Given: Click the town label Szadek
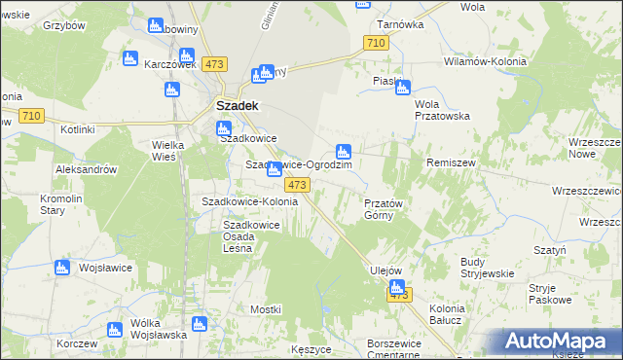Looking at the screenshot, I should click(237, 105).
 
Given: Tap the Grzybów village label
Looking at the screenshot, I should click(65, 26).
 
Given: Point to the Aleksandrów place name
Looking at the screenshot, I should click(87, 168).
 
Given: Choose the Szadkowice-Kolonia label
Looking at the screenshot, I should click(249, 201).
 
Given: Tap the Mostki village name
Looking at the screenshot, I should click(265, 308).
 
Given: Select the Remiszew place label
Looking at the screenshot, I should click(450, 163).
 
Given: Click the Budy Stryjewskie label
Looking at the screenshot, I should click(487, 268).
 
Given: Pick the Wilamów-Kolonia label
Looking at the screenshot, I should click(485, 61).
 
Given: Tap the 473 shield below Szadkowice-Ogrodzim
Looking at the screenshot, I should click(298, 185).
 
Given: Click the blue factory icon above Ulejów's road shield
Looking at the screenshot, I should click(396, 287).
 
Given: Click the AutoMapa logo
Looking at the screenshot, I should click(555, 341).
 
